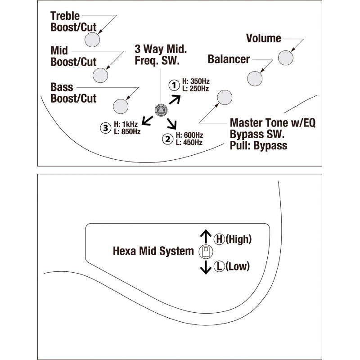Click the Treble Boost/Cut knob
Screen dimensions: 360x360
[92, 40]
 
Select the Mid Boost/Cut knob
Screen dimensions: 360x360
[101, 75]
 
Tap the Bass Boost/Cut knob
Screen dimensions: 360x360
[121, 106]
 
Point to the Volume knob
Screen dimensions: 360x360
[286, 58]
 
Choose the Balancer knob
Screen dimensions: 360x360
[255, 78]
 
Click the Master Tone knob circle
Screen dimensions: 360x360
[224, 97]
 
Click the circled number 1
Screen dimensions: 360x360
[174, 85]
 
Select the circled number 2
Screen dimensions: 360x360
[168, 139]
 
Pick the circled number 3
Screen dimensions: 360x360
[105, 128]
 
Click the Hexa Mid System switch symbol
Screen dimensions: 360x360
[205, 252]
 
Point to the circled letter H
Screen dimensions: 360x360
[219, 239]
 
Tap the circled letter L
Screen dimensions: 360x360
[219, 266]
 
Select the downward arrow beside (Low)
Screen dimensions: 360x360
[206, 267]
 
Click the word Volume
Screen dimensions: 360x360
[264, 39]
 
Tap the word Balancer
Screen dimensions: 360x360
[229, 59]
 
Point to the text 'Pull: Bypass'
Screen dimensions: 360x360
[258, 145]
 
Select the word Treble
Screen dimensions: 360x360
[65, 16]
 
